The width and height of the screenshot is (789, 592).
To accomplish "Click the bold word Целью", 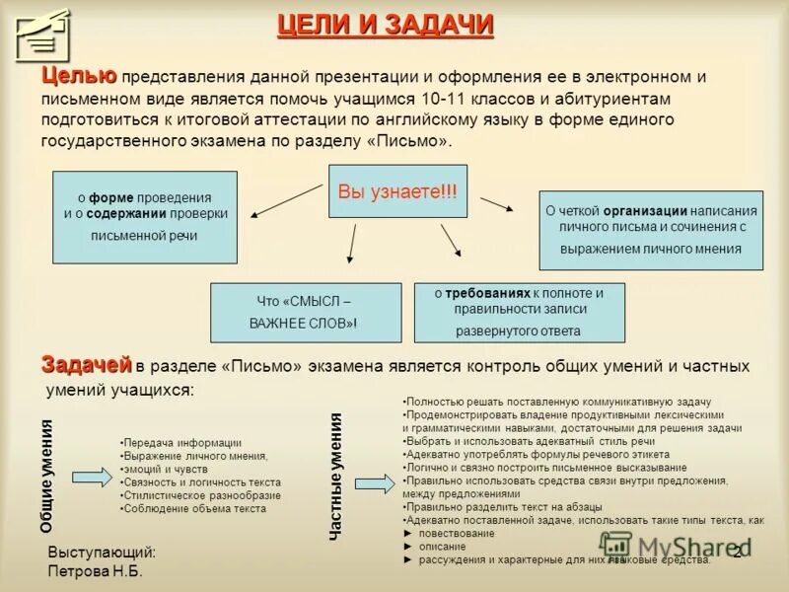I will tap(79, 76).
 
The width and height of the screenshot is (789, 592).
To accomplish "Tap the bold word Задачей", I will tap(86, 364).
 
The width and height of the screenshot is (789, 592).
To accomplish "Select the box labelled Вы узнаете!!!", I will tap(397, 191).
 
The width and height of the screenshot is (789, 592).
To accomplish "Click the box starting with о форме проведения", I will tap(145, 217).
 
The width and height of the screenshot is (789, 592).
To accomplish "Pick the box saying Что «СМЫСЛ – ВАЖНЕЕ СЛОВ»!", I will tap(306, 313).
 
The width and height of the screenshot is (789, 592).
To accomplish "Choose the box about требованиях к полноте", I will tap(519, 313).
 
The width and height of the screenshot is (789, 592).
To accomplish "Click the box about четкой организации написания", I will tap(650, 230).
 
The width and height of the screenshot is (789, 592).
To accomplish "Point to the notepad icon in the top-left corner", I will tap(43, 35).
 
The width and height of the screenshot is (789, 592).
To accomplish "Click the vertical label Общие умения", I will tap(46, 476).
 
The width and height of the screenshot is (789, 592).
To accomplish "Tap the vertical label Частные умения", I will tap(335, 476).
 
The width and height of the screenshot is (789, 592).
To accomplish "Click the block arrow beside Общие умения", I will tap(92, 477).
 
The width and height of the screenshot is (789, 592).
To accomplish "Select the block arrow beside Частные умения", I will tap(374, 483).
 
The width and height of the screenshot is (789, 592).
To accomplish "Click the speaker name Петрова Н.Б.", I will tap(96, 571).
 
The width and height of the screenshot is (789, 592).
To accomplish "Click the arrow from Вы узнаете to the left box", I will tap(287, 200).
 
